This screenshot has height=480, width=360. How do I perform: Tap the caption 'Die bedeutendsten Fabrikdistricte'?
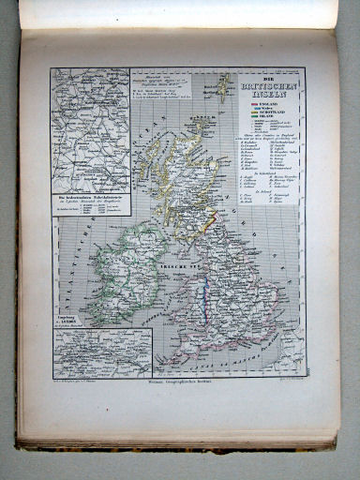[x=90, y=200]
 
